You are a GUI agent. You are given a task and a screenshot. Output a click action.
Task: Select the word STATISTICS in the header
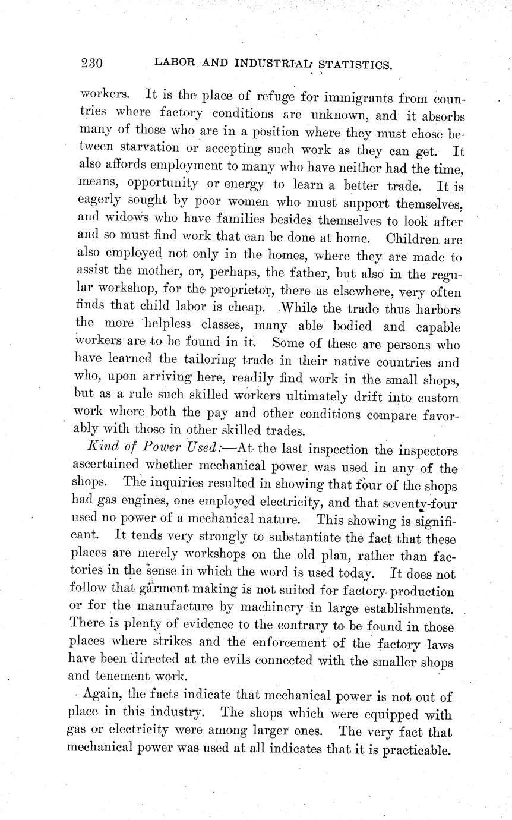click(356, 64)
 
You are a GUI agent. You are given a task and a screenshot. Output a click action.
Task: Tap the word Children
click(412, 239)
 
